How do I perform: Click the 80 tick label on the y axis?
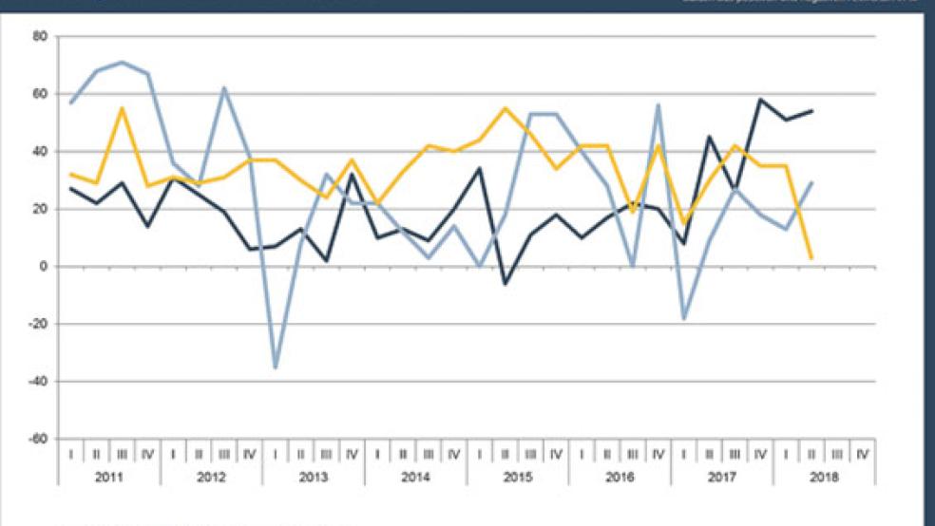pos(41,36)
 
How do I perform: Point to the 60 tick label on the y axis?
pos(41,94)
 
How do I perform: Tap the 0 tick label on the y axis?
pos(45,267)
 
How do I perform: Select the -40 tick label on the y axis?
pos(39,382)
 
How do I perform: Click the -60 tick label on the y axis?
pos(39,440)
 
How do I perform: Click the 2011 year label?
pos(108,475)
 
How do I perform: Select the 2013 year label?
pos(314,475)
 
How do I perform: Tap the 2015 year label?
pos(519,475)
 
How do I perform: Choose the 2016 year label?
pos(620,475)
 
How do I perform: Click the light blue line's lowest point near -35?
pos(276,367)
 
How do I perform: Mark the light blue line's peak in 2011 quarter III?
pos(122,62)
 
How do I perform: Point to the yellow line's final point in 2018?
pos(811,257)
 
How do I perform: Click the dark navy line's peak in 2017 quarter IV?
pos(760,99)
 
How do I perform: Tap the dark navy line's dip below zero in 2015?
pos(505,284)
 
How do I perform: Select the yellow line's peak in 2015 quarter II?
pos(505,108)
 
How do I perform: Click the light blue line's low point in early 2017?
pos(683,318)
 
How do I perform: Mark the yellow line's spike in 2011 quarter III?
pos(122,108)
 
